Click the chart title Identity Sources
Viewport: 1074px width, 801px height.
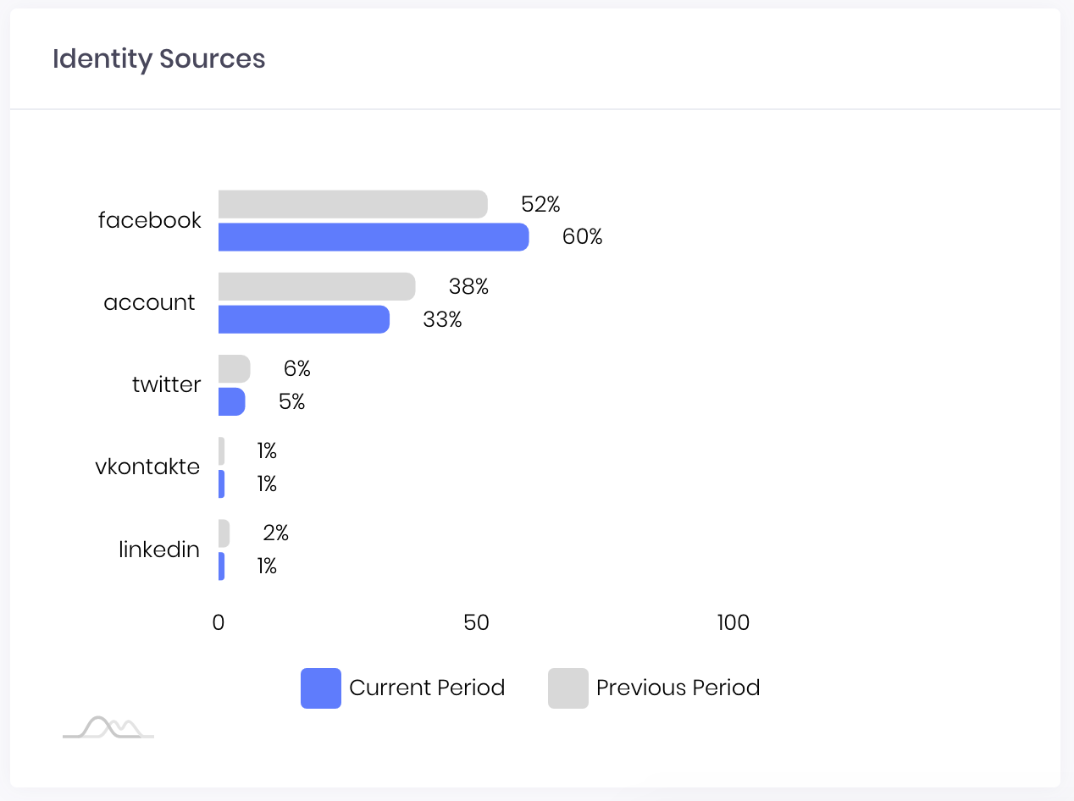[x=158, y=59]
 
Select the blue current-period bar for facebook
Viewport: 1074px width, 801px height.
[x=374, y=237]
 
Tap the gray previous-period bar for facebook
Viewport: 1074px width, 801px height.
[x=353, y=204]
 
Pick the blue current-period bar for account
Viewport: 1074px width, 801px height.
[x=304, y=319]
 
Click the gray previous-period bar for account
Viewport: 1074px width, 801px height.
[x=317, y=286]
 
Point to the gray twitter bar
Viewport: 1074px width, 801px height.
[x=234, y=368]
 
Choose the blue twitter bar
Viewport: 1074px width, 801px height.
[x=231, y=401]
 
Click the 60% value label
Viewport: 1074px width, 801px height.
[x=582, y=237]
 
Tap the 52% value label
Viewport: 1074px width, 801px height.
[x=540, y=204]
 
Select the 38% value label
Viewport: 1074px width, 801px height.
[x=468, y=286]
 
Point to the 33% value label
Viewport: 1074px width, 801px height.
[x=442, y=319]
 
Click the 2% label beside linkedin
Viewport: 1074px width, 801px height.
[x=275, y=533]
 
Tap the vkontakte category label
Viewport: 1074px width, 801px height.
[x=147, y=467]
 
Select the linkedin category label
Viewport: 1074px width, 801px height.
[x=159, y=550]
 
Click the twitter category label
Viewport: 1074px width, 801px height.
[x=166, y=384]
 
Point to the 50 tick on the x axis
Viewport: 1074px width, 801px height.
[x=476, y=622]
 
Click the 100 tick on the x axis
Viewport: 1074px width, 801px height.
[x=733, y=622]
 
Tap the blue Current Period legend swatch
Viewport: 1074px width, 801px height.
[x=321, y=688]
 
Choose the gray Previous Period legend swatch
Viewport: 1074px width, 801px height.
[x=568, y=688]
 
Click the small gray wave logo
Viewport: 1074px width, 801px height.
[x=108, y=727]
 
